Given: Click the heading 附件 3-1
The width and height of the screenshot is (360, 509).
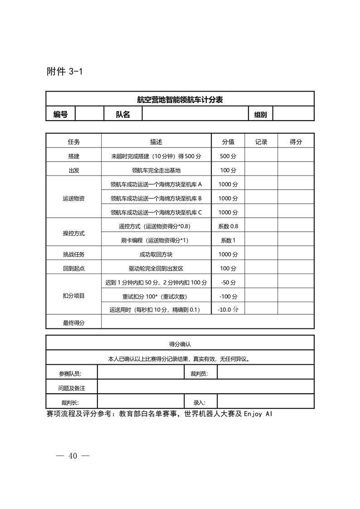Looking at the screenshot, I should tap(64, 72).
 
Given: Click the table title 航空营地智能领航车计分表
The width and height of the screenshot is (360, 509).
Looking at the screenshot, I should tap(180, 99).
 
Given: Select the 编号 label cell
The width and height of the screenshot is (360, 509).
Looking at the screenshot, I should tap(60, 114).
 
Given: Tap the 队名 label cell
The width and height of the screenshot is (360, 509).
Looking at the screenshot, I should tap(123, 114).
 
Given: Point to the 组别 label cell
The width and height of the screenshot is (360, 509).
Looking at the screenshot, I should tap(260, 114).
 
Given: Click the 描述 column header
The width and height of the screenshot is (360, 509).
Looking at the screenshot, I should tap(156, 142).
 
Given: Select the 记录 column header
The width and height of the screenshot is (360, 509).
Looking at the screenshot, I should tap(261, 142).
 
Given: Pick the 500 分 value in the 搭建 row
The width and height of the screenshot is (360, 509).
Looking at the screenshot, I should tap(228, 156).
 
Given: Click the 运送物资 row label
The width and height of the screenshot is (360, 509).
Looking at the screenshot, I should tap(73, 198).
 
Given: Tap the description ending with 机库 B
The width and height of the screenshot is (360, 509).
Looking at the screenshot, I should tap(156, 198).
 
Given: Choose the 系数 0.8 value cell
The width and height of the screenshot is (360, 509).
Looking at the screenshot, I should tap(228, 226).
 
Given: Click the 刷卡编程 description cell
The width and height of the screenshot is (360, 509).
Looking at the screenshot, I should tap(156, 240).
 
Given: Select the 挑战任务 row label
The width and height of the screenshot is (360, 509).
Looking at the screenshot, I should tap(73, 254).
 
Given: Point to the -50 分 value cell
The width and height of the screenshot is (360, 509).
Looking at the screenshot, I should tap(228, 282).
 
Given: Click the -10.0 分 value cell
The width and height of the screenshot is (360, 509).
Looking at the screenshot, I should tap(228, 310).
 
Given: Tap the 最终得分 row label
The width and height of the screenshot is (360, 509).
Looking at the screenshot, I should tap(73, 323).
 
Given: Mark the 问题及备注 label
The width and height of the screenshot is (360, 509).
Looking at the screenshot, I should tap(72, 388).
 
